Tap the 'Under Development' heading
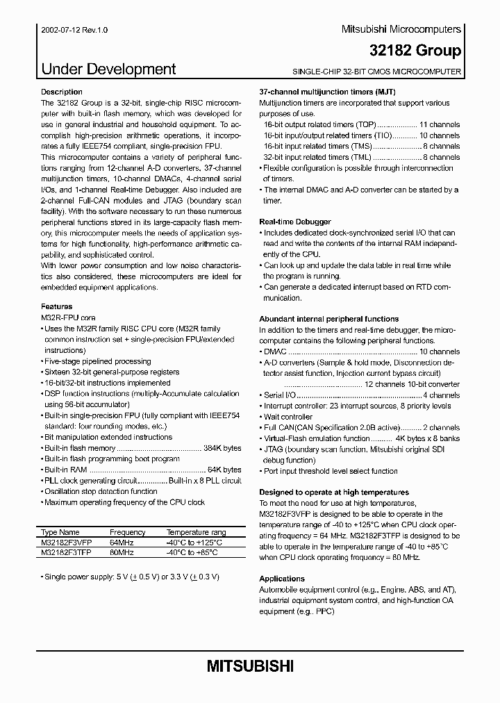tap(109, 69)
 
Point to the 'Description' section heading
tap(62, 92)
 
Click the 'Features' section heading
tap(56, 306)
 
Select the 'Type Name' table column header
tap(60, 532)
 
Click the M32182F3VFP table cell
tap(67, 543)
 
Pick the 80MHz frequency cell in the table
tap(122, 552)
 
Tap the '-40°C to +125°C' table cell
tap(194, 543)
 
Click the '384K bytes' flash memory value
tap(222, 448)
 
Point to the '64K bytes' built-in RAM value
tap(224, 470)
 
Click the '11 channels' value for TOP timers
tap(440, 124)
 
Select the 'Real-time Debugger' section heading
tap(294, 222)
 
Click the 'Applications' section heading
tap(282, 579)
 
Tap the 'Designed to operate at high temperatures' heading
tap(333, 492)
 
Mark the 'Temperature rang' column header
tap(197, 532)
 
